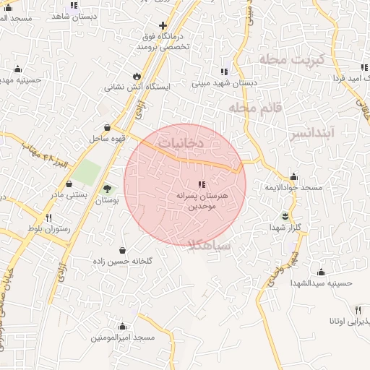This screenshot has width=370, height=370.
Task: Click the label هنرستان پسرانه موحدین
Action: point(202,201)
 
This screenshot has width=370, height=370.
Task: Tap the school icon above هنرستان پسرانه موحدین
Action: point(202,184)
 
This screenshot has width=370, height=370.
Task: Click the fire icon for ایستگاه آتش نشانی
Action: point(137,76)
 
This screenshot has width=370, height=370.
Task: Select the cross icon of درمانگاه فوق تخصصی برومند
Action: point(163,26)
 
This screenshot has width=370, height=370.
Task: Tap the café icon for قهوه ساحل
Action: point(108,126)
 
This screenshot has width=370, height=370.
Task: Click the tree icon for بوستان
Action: point(108,188)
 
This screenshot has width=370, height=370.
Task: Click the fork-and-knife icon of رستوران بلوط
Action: point(49,218)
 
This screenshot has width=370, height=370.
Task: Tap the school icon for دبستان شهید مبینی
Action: point(224,72)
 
